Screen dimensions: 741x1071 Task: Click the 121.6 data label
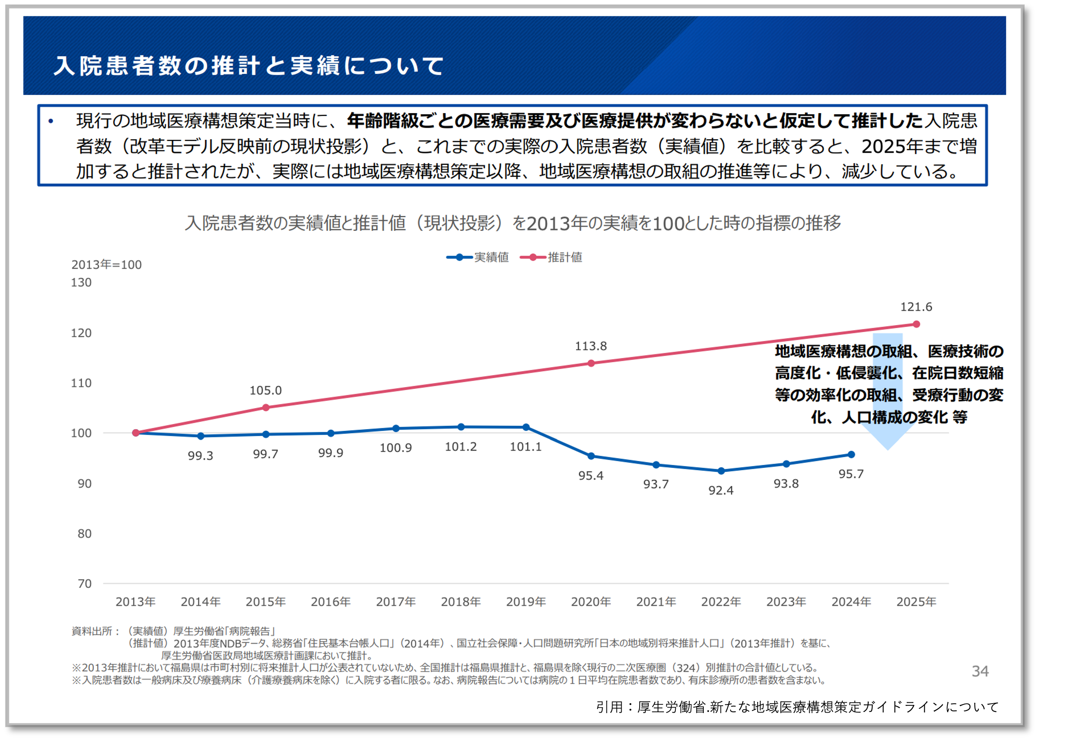[916, 307]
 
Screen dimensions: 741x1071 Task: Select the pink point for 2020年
[591, 363]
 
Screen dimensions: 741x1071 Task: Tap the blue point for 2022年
[721, 471]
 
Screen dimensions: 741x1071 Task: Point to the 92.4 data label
[721, 491]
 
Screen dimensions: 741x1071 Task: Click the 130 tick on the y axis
[81, 282]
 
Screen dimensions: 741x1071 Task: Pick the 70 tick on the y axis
[84, 584]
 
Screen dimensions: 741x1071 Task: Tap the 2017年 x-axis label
[396, 602]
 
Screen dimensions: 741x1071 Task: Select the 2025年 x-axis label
[916, 602]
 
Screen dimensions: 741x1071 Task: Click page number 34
[980, 671]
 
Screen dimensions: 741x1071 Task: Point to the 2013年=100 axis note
[106, 264]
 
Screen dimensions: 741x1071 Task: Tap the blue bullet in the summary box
[51, 122]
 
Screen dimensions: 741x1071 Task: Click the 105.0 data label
[265, 390]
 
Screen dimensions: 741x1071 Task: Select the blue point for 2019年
[526, 427]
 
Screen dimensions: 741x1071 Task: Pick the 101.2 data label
[461, 447]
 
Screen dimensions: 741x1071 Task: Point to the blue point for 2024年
[851, 455]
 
